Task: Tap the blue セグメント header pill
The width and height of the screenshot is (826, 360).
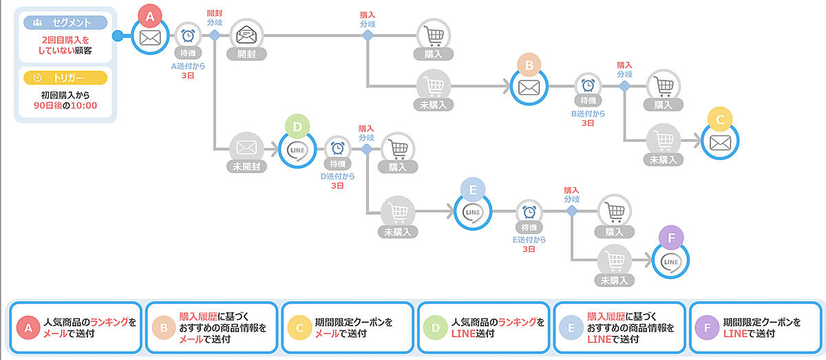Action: [65, 23]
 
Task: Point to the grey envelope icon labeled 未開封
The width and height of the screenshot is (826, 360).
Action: [246, 147]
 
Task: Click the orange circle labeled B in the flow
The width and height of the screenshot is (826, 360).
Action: [529, 65]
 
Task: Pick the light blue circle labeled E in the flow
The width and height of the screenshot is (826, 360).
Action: [473, 191]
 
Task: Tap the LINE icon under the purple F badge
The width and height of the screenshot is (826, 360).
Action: [670, 262]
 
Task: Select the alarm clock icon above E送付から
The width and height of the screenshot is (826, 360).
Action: [529, 211]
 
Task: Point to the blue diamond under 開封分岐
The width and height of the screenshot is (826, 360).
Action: [214, 35]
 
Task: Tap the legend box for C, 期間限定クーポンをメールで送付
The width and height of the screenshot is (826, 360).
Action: [348, 328]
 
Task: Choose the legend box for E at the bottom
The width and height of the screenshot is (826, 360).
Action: [619, 328]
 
